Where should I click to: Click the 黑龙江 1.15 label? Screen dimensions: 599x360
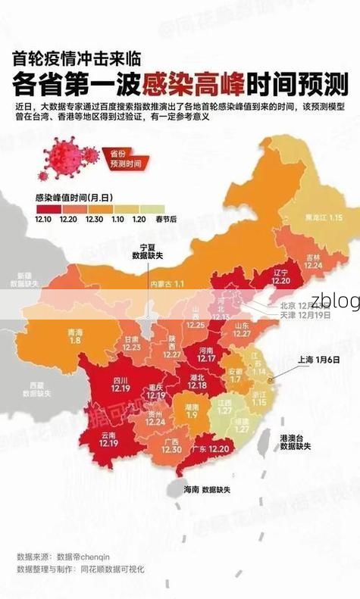coord(324,217)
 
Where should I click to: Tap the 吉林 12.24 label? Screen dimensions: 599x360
coord(313,261)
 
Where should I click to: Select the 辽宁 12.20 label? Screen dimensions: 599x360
coord(280,276)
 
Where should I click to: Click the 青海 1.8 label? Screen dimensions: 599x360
coord(74,336)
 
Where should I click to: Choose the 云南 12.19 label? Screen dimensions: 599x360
coord(108,440)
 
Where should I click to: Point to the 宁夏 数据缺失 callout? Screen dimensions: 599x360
coord(147,252)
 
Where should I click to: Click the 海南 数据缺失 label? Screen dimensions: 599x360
coord(207,489)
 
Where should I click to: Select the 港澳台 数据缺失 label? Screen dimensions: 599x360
coord(295,442)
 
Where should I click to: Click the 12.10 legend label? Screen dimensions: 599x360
coord(44,217)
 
